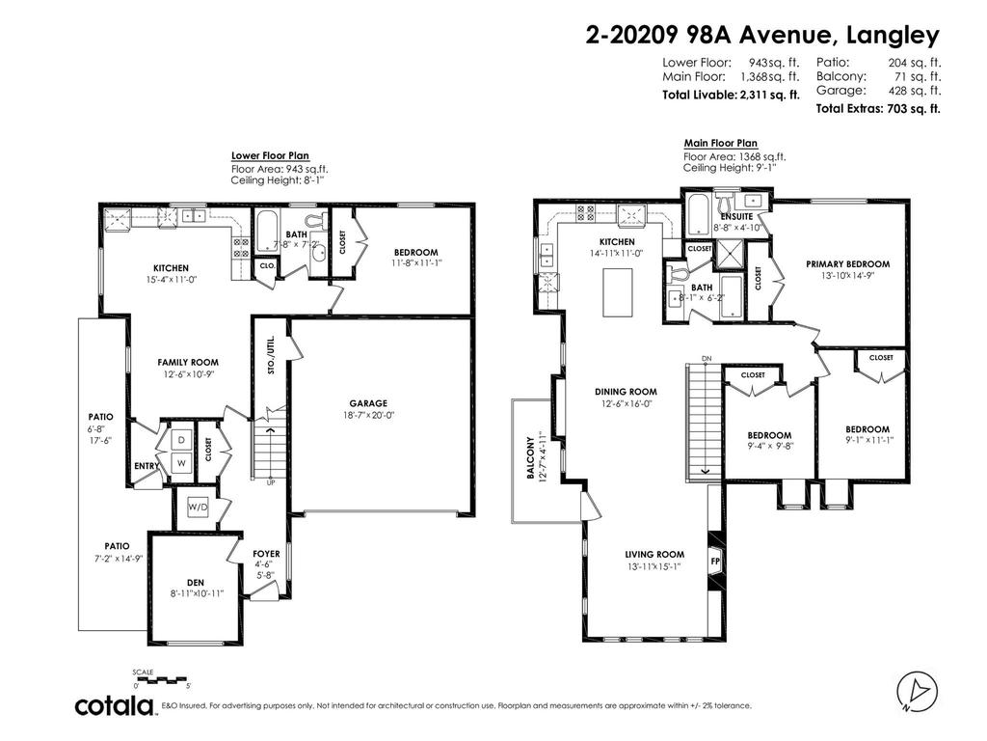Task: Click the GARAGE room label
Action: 368,403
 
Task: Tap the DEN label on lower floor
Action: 196,582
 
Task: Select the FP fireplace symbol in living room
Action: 714,559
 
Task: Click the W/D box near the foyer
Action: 198,507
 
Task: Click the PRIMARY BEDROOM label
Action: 847,263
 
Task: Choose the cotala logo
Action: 116,706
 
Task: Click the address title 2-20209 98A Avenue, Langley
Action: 762,36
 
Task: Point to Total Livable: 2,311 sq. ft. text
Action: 730,95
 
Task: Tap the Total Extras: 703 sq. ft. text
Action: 877,109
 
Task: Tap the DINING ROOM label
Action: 626,392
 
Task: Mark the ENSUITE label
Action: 736,216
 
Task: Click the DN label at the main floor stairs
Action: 707,359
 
